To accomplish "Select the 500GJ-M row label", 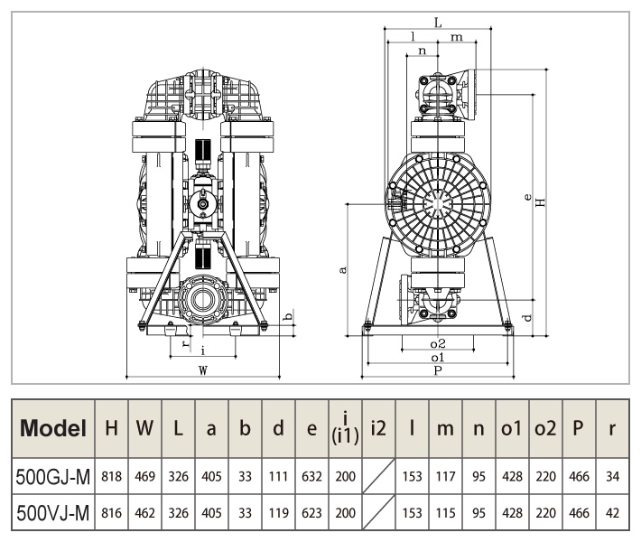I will tap(53, 475).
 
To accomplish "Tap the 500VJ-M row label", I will tap(53, 514).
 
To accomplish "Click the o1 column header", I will tap(512, 428).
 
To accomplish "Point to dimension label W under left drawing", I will tap(204, 369).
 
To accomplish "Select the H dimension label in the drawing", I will tap(540, 201).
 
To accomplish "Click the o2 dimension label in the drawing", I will tap(437, 344).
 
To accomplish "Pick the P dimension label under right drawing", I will tap(437, 369).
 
